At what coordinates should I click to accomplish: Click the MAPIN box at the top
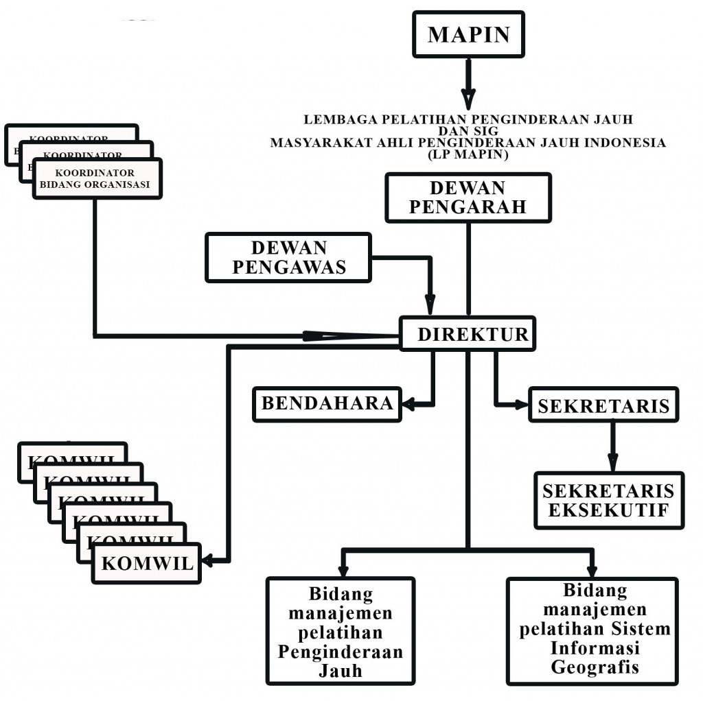point(469,34)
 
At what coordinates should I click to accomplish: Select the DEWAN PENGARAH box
point(468,198)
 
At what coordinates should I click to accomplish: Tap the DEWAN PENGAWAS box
point(288,257)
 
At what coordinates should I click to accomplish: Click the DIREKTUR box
point(468,334)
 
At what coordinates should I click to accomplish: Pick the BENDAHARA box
point(327,403)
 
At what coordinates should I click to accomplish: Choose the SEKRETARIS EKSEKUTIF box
point(609,501)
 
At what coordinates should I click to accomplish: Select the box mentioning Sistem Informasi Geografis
point(592,630)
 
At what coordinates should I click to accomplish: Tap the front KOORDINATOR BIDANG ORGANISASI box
point(97,178)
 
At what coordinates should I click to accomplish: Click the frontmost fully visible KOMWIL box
point(147,563)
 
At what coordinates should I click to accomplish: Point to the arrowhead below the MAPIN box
point(468,99)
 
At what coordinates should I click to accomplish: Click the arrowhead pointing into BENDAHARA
point(408,404)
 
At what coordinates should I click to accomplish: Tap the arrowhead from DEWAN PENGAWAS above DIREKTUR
point(430,304)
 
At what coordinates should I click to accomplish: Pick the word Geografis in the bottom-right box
point(591,667)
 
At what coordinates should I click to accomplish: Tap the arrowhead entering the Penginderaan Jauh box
point(343,568)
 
